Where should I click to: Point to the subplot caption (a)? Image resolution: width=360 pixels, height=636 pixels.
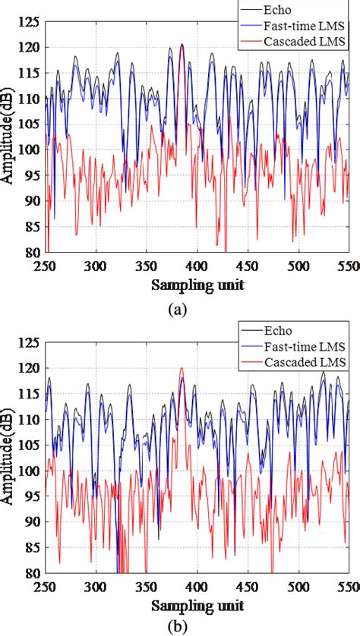(x=181, y=309)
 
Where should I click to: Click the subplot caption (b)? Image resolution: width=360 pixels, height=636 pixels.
(x=181, y=628)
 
